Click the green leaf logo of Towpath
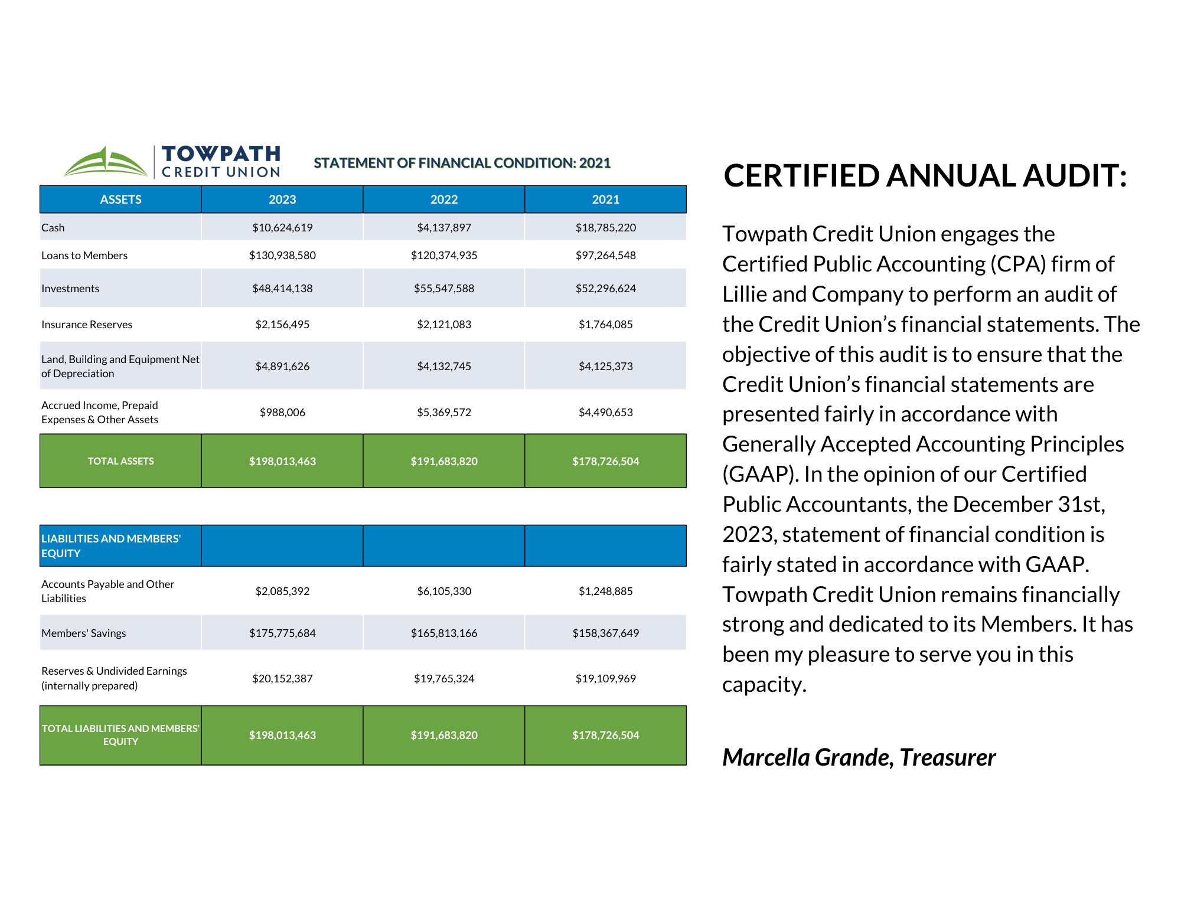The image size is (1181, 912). click(x=105, y=162)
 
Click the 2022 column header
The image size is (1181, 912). click(x=444, y=200)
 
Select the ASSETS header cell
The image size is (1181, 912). click(x=120, y=200)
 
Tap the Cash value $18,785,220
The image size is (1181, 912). click(x=605, y=228)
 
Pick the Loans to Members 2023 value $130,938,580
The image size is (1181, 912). click(x=282, y=256)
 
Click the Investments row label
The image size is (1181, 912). click(x=70, y=289)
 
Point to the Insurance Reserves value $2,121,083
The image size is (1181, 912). click(x=444, y=325)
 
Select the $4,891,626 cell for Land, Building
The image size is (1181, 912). click(x=282, y=367)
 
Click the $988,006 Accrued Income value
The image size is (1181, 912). click(x=282, y=413)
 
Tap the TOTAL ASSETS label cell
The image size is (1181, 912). click(x=120, y=461)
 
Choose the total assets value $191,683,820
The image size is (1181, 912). click(x=444, y=461)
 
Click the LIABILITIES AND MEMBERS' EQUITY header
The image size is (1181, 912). click(x=111, y=546)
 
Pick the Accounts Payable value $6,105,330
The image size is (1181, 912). click(x=444, y=591)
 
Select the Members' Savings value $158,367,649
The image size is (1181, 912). click(x=605, y=633)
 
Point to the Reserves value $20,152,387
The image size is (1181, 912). click(x=282, y=679)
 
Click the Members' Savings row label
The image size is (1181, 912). click(x=84, y=633)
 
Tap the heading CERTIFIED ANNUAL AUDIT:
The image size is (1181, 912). click(x=925, y=176)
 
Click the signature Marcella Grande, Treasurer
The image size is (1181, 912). click(x=859, y=758)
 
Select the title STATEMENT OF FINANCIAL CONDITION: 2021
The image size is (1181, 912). click(x=462, y=163)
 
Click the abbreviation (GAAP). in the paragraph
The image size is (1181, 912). click(x=760, y=475)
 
